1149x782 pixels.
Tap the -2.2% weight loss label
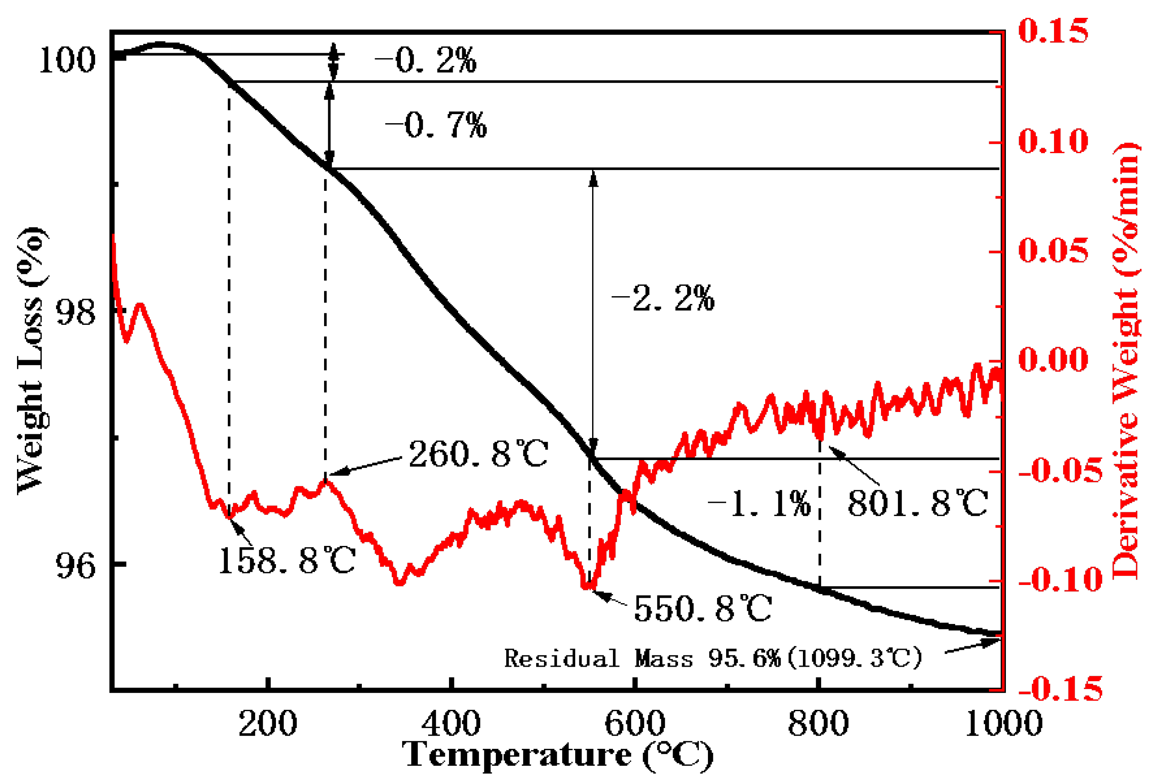click(x=663, y=298)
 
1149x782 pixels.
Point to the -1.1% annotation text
click(x=759, y=504)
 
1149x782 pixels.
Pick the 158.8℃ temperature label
click(x=287, y=560)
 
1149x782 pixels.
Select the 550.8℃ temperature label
click(x=703, y=608)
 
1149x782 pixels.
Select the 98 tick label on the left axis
click(x=75, y=312)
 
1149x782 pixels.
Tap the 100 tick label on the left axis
click(x=67, y=60)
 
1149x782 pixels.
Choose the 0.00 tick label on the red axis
click(x=1053, y=359)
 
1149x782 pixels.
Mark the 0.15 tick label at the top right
click(x=1053, y=31)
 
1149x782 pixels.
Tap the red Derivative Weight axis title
click(x=1126, y=361)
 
